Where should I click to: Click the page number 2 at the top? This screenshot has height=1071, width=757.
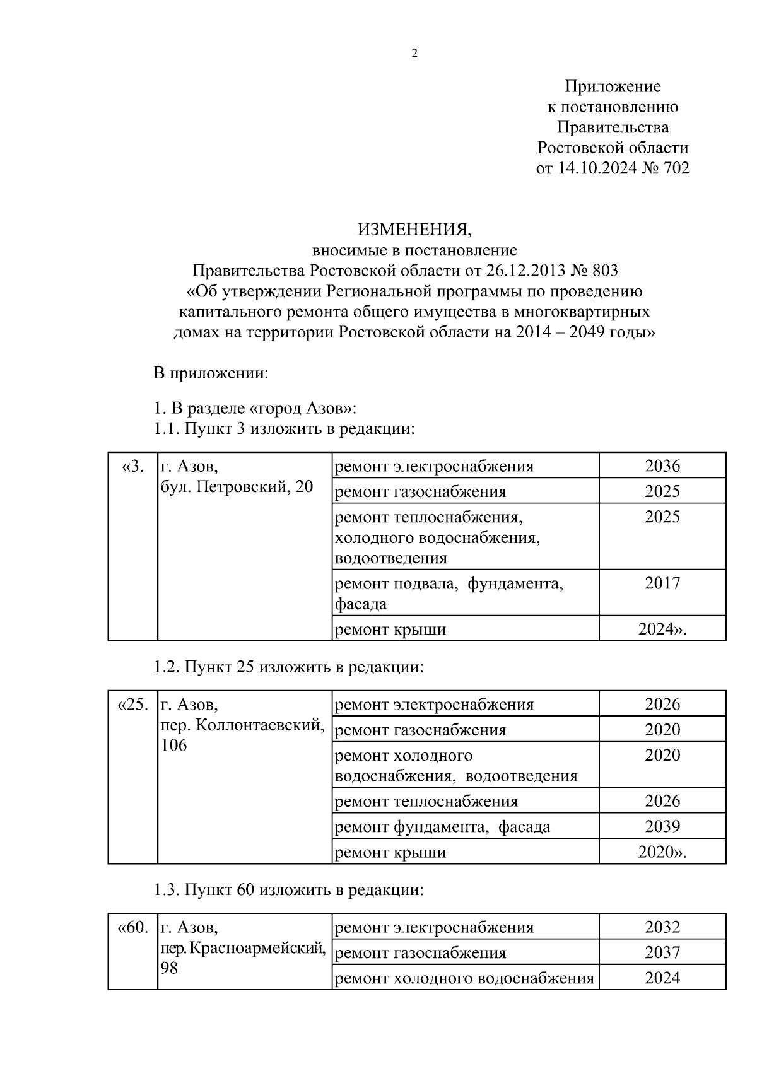click(x=414, y=54)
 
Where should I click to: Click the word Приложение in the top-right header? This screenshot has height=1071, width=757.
click(x=612, y=86)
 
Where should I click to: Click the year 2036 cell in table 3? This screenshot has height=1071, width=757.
click(x=662, y=466)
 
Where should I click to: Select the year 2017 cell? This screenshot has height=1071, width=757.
click(x=662, y=583)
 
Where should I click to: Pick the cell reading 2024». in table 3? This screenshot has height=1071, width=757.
click(x=662, y=629)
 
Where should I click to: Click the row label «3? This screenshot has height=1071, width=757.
click(x=132, y=467)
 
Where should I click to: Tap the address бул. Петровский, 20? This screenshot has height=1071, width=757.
click(x=237, y=487)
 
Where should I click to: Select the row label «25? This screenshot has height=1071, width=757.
click(x=132, y=705)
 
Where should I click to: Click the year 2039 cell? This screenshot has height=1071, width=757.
click(x=662, y=826)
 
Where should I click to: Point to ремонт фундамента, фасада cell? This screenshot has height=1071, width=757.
click(x=442, y=827)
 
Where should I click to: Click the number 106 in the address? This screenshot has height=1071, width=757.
click(x=174, y=746)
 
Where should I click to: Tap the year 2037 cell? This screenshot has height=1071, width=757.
click(x=662, y=952)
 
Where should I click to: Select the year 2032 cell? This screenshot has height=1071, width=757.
click(x=662, y=927)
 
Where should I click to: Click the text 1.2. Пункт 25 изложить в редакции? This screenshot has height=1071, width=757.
click(x=289, y=667)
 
